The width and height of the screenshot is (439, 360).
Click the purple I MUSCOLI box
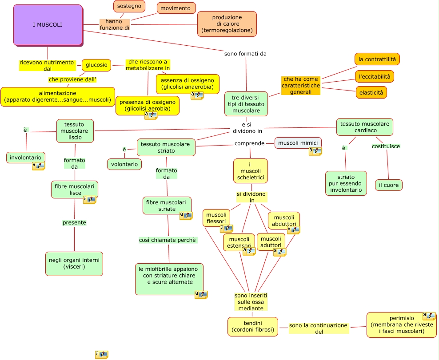48,25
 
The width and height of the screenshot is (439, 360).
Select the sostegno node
129,6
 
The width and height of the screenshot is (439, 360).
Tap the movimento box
176,8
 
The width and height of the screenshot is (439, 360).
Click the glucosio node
96,65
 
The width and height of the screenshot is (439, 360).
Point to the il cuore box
389,185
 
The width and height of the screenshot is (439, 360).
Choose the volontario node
124,164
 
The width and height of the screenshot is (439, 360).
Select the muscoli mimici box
298,143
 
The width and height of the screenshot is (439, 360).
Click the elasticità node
371,93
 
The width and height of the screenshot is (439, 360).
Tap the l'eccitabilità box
375,76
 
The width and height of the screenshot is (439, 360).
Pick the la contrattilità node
377,59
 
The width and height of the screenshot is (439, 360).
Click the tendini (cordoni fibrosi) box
253,326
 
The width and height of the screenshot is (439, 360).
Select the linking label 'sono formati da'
245,54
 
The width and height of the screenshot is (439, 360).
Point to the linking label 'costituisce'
386,146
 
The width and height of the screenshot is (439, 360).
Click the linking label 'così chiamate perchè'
168,240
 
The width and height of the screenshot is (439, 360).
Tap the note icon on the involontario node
38,166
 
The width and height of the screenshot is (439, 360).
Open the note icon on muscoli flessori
227,229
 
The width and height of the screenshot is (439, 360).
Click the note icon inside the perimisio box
429,316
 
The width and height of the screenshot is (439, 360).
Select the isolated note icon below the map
102,354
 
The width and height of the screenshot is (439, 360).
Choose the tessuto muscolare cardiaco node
365,127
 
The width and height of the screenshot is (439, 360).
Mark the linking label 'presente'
74,223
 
